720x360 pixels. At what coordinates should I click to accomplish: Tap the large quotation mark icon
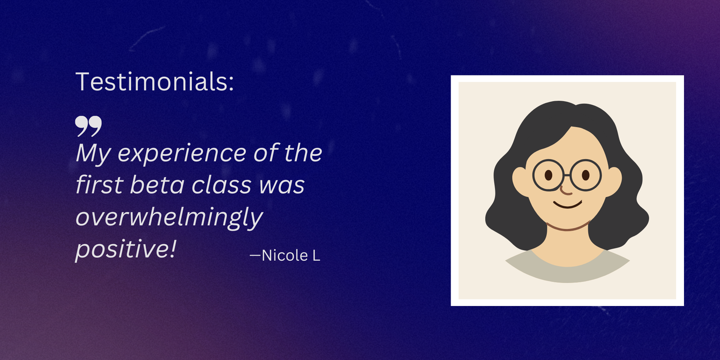pos(88,125)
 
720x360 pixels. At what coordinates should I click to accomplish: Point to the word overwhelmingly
pos(169,218)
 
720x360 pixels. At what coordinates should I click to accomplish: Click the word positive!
pos(126,249)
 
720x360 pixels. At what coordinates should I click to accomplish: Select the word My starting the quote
pos(92,154)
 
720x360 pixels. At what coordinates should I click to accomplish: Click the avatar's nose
pos(566,191)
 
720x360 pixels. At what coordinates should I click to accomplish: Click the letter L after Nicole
pos(316,255)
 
